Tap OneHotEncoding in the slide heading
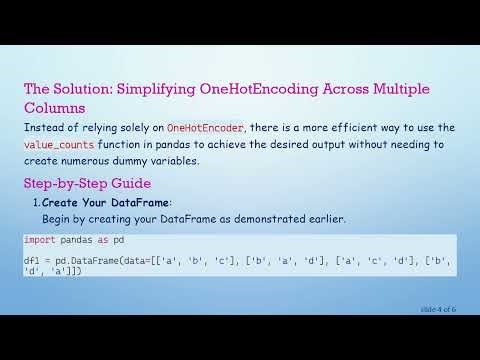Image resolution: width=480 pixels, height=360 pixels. [255, 89]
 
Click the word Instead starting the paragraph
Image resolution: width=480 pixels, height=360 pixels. [42, 128]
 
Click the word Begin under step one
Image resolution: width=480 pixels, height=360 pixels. [58, 218]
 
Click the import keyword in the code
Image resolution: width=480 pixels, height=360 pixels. [42, 241]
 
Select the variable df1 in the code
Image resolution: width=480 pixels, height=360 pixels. [32, 261]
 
